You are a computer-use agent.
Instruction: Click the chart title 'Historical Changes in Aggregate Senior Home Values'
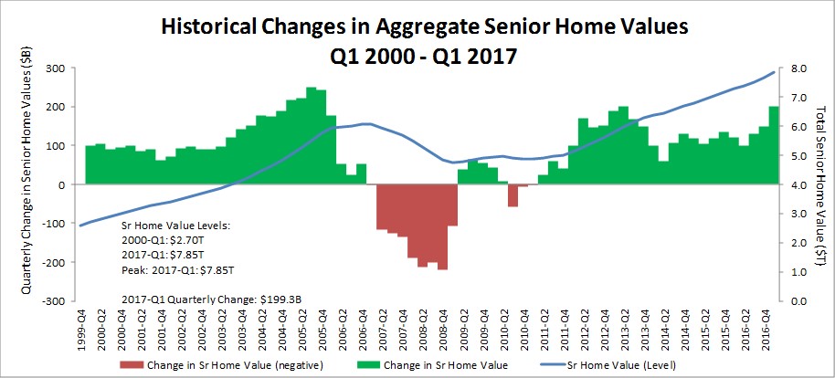[x=417, y=26]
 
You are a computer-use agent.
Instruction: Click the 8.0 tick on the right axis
[x=788, y=68]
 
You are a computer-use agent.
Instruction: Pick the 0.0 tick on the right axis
[x=788, y=300]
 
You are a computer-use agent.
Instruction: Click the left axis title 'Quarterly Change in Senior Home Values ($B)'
[x=26, y=184]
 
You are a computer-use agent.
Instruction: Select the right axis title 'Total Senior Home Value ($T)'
[x=820, y=184]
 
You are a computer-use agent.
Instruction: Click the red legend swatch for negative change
[x=132, y=366]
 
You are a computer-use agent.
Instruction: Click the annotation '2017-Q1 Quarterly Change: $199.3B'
[x=213, y=299]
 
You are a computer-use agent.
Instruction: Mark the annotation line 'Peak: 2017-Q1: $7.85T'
[x=178, y=270]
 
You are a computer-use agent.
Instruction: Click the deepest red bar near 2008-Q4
[x=442, y=227]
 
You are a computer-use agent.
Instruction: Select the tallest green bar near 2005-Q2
[x=312, y=136]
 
